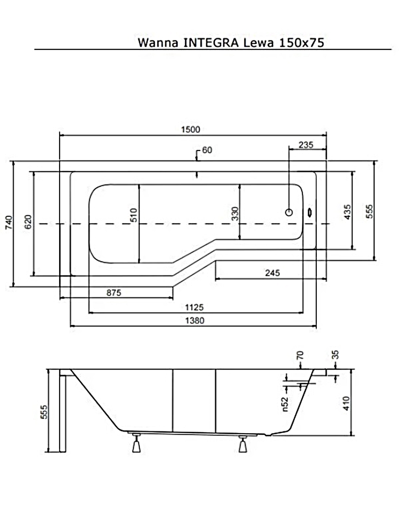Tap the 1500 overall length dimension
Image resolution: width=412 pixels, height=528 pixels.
point(190,129)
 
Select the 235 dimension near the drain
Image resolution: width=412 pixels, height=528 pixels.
point(306,145)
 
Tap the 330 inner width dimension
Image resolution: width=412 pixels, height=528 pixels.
point(234,213)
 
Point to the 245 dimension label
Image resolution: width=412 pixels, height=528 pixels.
point(272,273)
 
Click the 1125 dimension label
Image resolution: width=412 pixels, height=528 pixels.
point(195,307)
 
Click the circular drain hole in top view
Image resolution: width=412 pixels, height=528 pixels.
point(289,212)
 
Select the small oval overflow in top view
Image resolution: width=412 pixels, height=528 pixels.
point(310,213)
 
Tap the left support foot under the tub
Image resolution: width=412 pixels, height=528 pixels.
point(136,444)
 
